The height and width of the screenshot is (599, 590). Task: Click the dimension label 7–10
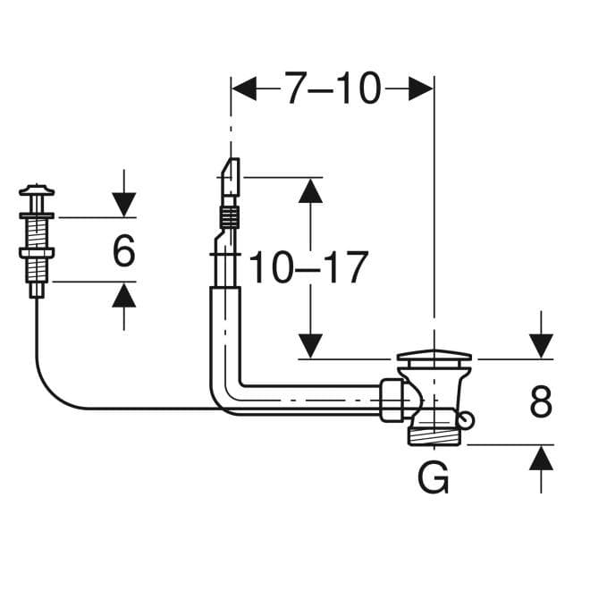333,89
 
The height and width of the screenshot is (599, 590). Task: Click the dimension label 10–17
308,267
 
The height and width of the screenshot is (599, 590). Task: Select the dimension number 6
123,250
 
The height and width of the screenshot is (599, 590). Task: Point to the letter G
434,477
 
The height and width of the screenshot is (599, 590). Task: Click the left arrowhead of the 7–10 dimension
244,89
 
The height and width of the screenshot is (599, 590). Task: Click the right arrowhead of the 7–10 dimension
421,89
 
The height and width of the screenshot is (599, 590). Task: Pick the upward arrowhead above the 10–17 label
310,191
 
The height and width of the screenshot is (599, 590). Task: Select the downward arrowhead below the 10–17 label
310,346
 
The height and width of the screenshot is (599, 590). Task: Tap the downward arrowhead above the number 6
123,205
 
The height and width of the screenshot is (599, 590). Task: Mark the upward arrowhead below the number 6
123,294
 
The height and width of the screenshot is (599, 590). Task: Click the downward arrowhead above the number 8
541,346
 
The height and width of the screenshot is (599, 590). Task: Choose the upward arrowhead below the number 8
541,458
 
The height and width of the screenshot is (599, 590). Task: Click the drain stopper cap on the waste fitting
434,356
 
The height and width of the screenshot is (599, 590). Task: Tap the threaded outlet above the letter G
434,436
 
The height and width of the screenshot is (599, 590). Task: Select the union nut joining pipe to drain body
392,400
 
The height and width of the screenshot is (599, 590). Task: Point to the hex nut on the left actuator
37,252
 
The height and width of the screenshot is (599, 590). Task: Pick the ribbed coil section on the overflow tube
230,217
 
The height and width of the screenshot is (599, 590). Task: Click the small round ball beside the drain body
467,419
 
